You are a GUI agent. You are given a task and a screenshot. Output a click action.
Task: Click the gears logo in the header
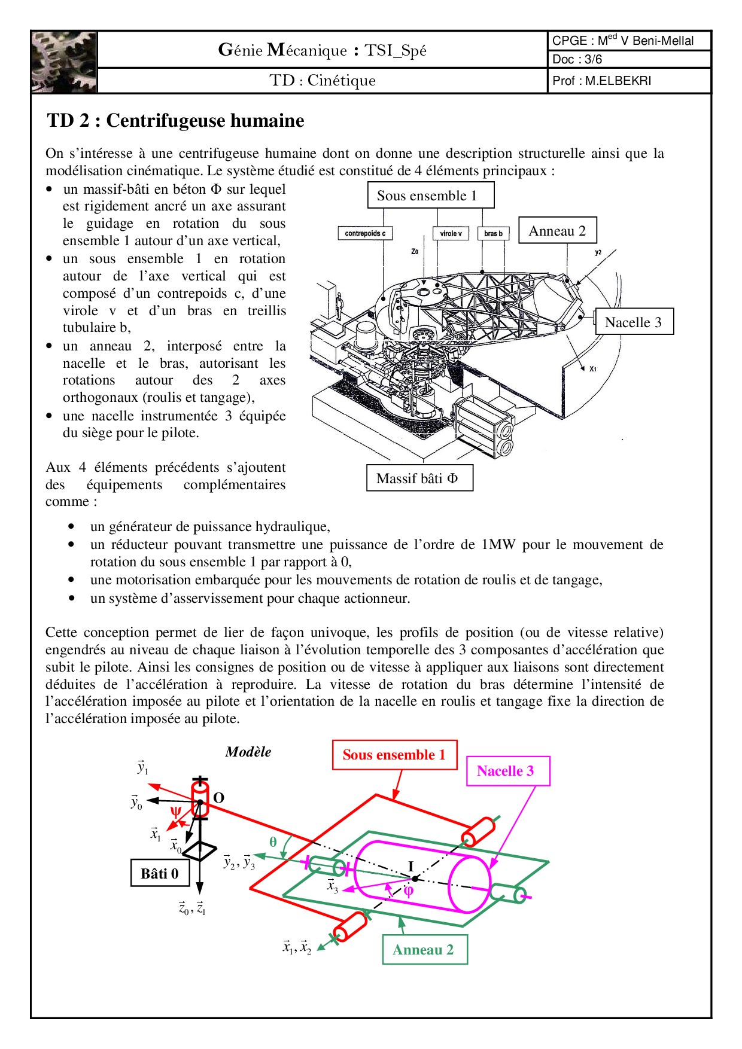click(x=64, y=62)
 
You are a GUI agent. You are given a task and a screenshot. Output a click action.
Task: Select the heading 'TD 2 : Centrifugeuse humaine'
click(x=175, y=121)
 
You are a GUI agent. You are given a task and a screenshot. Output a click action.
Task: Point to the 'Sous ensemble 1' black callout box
click(x=431, y=196)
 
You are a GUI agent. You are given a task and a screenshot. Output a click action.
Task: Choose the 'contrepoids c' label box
click(x=365, y=233)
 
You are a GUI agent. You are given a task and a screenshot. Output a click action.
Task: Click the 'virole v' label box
click(x=451, y=233)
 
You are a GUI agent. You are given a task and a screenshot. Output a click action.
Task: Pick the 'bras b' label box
click(x=493, y=233)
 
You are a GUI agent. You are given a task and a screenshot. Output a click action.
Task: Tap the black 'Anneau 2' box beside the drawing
click(x=557, y=231)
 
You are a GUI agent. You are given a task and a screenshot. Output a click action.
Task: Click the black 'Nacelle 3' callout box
click(x=634, y=322)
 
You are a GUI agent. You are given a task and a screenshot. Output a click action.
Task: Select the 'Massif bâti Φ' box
click(x=419, y=478)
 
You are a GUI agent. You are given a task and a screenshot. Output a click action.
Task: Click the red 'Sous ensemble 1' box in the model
click(x=394, y=755)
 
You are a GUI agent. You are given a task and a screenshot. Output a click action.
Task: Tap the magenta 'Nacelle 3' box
click(x=506, y=771)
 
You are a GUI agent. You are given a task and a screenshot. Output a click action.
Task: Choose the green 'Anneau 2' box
click(x=424, y=950)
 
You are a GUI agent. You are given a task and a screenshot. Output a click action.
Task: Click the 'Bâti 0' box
click(x=160, y=874)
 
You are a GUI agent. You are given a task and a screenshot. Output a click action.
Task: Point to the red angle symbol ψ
click(x=175, y=812)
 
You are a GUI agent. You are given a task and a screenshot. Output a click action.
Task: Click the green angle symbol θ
click(x=273, y=842)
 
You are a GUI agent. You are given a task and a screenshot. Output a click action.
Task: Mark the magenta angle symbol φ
click(x=408, y=891)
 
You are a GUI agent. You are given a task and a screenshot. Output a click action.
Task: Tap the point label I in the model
click(x=411, y=866)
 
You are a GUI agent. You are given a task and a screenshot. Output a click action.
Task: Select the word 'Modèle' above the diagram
click(x=248, y=752)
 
